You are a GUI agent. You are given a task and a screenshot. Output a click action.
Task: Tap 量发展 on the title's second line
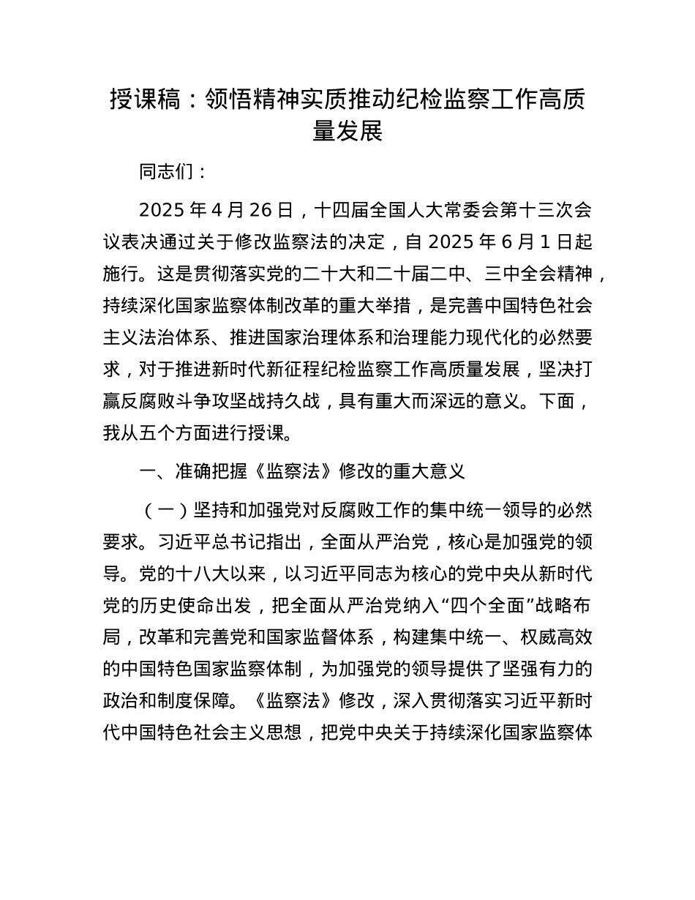347,131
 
